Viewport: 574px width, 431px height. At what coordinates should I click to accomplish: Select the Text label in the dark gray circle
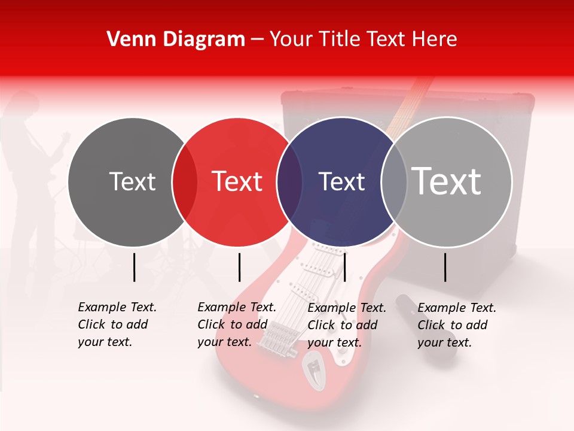[132, 181]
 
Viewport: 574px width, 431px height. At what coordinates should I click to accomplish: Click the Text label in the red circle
[237, 181]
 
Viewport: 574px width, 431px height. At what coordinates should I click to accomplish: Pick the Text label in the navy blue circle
[341, 181]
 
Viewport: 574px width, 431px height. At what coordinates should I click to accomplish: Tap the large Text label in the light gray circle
[447, 181]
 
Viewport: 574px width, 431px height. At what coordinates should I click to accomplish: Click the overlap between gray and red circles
[185, 181]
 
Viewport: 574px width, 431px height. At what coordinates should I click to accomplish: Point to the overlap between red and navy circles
[289, 181]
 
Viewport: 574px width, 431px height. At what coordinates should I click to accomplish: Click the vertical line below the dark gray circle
[134, 267]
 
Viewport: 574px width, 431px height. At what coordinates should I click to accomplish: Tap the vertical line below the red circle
[239, 267]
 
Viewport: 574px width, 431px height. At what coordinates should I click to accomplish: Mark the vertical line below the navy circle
[344, 267]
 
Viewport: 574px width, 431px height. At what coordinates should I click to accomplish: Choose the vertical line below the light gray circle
[445, 267]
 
